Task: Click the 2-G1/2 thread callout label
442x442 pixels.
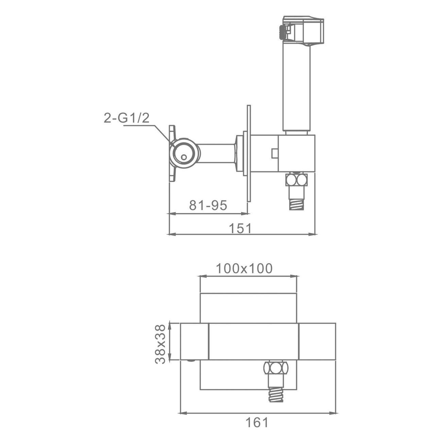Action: [126, 118]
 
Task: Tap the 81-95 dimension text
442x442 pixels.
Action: [208, 205]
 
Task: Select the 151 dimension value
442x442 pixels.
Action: [240, 228]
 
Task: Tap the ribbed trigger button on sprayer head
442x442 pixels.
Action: [281, 33]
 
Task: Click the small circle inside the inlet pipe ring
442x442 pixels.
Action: [184, 157]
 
